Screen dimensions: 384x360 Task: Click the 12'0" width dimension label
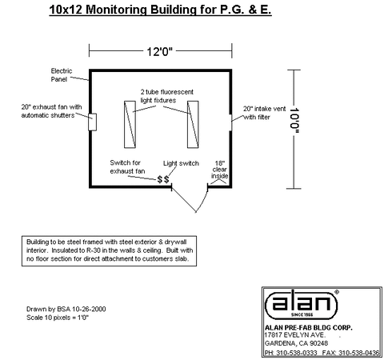click(160, 51)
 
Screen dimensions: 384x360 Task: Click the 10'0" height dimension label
click(294, 121)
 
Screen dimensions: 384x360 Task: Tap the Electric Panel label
click(62, 75)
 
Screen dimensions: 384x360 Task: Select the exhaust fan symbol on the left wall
click(93, 122)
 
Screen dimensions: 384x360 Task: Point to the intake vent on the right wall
click(230, 122)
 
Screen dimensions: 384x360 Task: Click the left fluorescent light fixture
click(130, 124)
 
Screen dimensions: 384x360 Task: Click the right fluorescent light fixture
click(193, 124)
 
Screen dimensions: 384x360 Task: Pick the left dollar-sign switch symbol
click(160, 179)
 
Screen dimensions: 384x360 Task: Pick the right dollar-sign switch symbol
click(166, 179)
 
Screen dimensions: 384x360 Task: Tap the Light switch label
click(181, 163)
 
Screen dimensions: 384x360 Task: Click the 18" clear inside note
click(219, 170)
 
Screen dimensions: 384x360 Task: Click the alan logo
click(302, 305)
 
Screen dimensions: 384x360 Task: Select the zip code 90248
click(319, 343)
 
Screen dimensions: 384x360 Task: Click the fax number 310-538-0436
click(359, 353)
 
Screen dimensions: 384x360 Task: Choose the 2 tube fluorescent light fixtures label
click(167, 96)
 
